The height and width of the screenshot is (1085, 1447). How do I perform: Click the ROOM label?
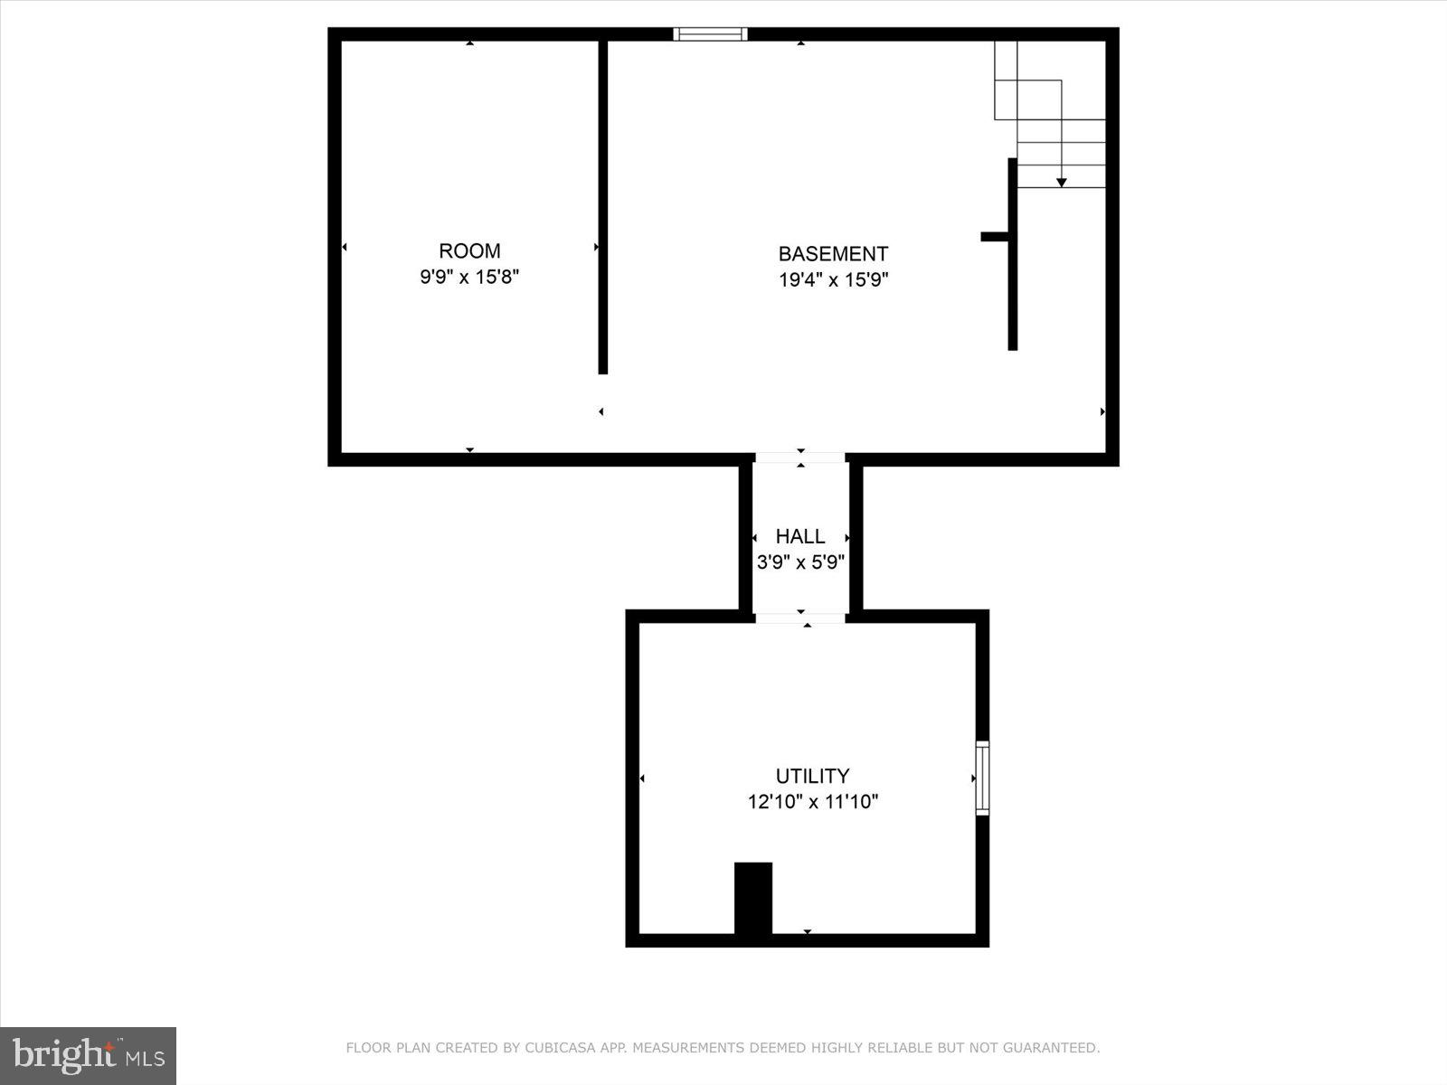pos(469,251)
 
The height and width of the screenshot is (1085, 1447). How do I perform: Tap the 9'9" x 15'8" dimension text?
pos(469,277)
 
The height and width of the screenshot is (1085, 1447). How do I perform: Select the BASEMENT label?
pos(833,254)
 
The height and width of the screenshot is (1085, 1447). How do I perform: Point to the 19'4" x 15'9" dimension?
pos(833,280)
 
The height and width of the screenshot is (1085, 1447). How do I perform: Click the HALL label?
pos(800,536)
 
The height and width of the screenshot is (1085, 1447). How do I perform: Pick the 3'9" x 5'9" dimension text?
pos(800,562)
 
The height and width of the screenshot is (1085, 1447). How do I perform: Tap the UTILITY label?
pos(812,776)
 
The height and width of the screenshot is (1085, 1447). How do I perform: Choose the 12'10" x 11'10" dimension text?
pos(812,801)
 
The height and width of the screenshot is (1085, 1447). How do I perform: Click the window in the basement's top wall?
pos(710,34)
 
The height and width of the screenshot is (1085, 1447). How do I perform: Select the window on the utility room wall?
pos(982,778)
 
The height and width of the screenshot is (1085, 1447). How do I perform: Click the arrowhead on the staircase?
pos(1062,183)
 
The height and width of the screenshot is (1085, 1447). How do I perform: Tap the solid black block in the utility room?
pos(753,899)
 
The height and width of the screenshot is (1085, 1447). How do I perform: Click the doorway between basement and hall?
pos(800,458)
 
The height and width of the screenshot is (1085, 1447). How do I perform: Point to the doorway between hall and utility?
pos(800,618)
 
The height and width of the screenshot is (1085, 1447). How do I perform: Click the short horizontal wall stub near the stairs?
pos(994,237)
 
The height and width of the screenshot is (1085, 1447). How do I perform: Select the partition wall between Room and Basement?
pos(603,208)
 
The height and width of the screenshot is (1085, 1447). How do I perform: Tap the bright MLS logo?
pos(88,1055)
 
